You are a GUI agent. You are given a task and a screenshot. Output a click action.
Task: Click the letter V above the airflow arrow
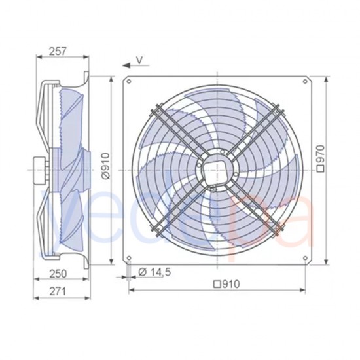pyautogui.click(x=139, y=60)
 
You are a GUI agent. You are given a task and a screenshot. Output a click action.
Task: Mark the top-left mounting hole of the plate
pyautogui.click(x=130, y=81)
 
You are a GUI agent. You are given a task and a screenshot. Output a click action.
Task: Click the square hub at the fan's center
pyautogui.click(x=217, y=168)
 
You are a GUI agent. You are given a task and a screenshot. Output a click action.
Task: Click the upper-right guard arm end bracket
pyautogui.click(x=279, y=109)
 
